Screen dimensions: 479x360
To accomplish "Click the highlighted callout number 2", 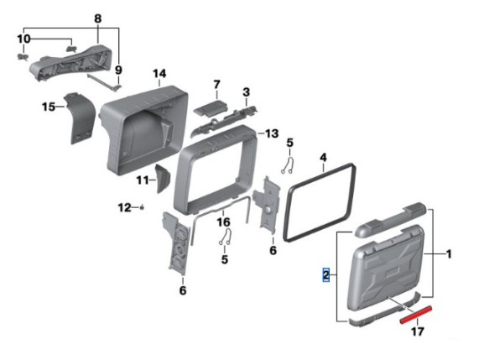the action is (326, 274).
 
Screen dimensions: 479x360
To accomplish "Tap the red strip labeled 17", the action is (416, 315).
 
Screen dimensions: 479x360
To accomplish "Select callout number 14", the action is (159, 74).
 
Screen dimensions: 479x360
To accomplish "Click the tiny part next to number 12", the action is (142, 208).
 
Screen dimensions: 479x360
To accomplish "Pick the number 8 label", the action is (98, 18).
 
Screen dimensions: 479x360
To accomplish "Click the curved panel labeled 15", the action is (80, 117).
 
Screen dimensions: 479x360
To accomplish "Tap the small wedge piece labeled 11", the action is (163, 178).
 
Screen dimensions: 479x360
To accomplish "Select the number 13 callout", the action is (272, 133).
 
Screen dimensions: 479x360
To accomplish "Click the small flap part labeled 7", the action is (211, 108).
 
